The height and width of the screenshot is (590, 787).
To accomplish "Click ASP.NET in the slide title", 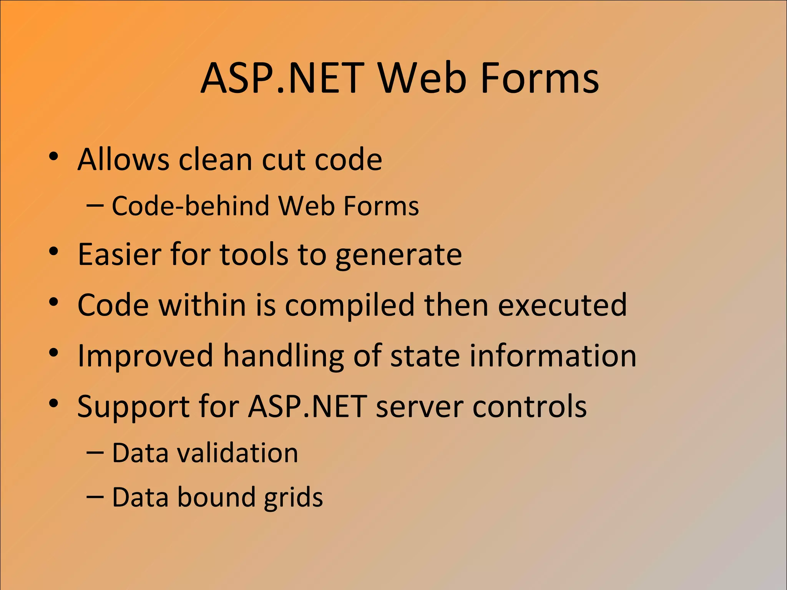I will tap(282, 78).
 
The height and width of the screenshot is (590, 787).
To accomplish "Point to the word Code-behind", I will tap(191, 206).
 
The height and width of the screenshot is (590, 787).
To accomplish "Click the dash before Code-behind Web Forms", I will tap(95, 206).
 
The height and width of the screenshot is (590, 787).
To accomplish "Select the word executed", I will tap(562, 305).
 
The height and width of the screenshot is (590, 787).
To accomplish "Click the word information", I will tap(553, 355).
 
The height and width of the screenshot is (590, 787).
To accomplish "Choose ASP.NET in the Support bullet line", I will tap(307, 406).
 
